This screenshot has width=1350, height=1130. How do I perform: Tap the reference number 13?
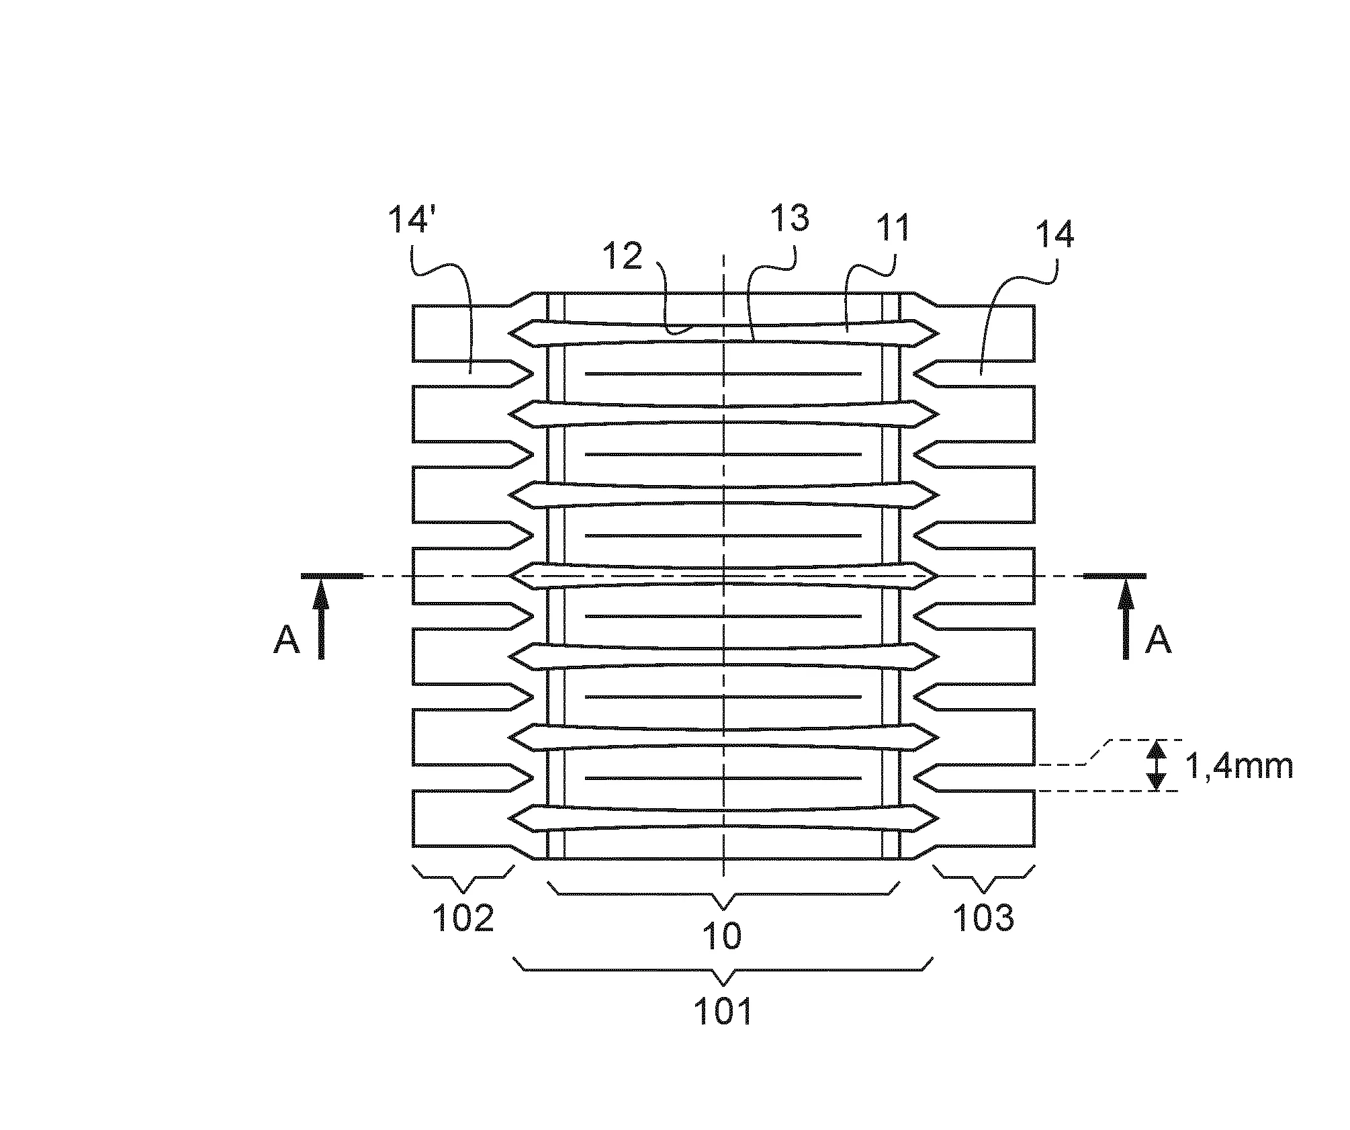click(x=789, y=219)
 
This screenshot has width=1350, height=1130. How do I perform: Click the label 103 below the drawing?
click(x=983, y=917)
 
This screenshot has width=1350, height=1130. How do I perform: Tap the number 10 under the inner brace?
click(x=722, y=936)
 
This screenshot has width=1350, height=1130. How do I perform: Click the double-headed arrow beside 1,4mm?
click(x=1156, y=765)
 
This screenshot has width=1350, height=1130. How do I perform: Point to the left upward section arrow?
click(x=321, y=618)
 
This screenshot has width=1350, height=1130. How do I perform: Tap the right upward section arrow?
click(x=1126, y=618)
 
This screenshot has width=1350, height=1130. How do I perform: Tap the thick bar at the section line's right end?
click(x=1115, y=576)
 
